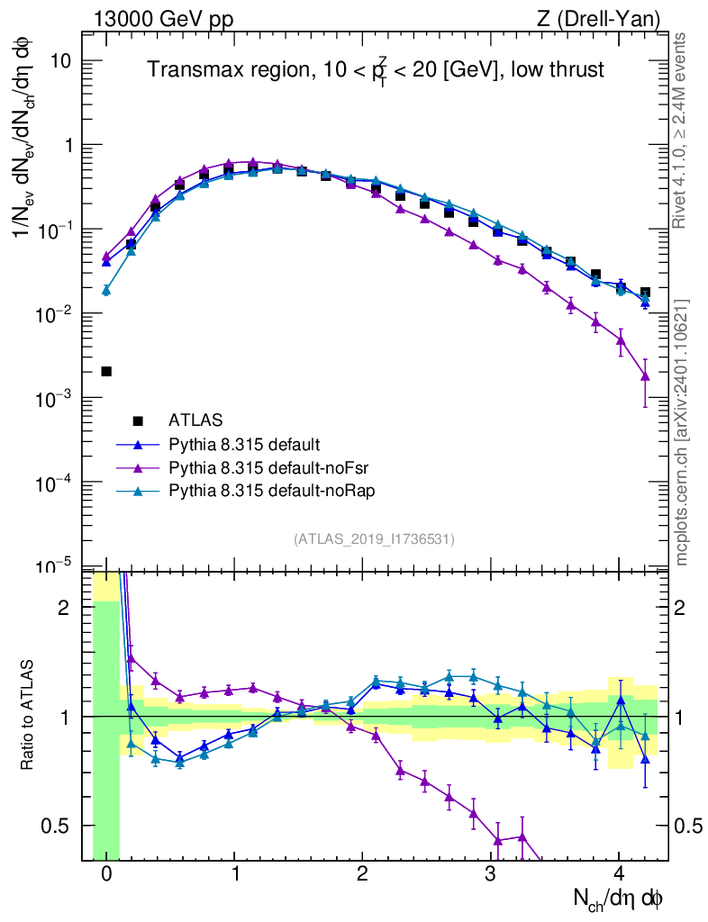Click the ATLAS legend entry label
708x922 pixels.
[x=195, y=420]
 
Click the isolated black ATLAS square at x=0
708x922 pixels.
[x=106, y=371]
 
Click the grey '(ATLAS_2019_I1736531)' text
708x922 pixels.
[x=374, y=538]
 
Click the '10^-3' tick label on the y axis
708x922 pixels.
[x=55, y=399]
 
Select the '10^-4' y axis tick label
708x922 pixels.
[x=55, y=484]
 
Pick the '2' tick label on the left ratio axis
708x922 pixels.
[x=64, y=608]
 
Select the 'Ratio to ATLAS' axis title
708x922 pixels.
[x=29, y=716]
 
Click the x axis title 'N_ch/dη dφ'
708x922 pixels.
[x=619, y=899]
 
